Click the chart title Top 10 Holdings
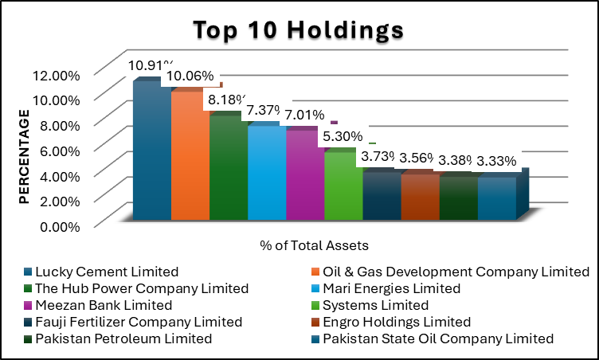click(299, 30)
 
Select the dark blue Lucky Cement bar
click(151, 151)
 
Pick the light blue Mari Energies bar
click(266, 171)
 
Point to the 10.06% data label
click(189, 76)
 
